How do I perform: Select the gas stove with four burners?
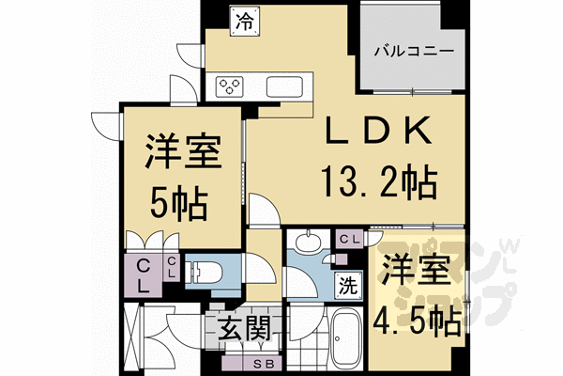[x=230, y=86]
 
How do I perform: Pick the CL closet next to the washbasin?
[x=349, y=240]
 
